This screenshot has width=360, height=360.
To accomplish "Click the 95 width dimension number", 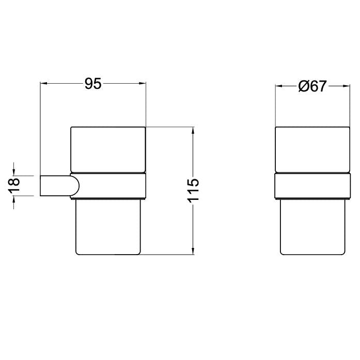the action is [x=93, y=84].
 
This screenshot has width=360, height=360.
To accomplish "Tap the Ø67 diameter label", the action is [x=312, y=86].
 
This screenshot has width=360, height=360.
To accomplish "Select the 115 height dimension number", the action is [x=193, y=191].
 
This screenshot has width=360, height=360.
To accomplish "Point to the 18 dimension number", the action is [x=14, y=185].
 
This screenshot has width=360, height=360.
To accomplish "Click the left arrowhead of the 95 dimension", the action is [x=43, y=83].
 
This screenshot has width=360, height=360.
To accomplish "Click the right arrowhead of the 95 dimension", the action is [x=143, y=83].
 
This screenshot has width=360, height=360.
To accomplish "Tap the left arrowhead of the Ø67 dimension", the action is [x=279, y=86].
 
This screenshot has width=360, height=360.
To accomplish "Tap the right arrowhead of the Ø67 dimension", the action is [x=346, y=86].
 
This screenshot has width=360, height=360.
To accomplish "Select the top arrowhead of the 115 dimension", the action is [x=193, y=130].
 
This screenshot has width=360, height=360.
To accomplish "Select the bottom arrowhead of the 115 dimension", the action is [x=193, y=251].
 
